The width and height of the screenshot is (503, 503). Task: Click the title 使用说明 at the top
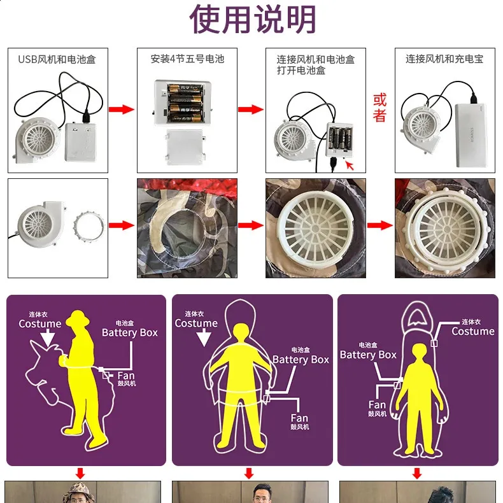click(253, 20)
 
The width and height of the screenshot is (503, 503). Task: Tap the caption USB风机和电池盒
click(57, 59)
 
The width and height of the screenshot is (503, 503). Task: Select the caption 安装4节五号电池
click(187, 59)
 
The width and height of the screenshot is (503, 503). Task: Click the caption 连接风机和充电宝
click(444, 59)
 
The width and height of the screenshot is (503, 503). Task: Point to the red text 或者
click(379, 108)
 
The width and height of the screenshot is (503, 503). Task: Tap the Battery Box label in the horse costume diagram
click(129, 332)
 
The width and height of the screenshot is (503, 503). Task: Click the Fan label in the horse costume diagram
click(125, 376)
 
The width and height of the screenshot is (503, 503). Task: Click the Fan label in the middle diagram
click(299, 418)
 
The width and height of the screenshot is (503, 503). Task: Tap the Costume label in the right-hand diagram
click(472, 331)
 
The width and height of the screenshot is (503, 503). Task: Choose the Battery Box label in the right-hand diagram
click(368, 355)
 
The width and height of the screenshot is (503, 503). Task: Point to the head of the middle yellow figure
click(241, 333)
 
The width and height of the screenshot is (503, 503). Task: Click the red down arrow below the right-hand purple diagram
click(417, 474)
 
